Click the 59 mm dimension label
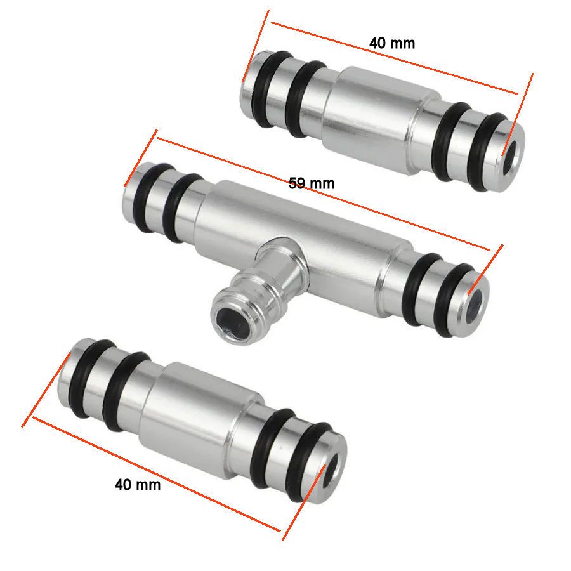coord(312,183)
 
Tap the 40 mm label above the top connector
coord(392,43)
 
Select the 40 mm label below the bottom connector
coord(138,484)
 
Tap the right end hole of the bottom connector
coord(331,470)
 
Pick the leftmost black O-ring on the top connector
coord(269,89)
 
